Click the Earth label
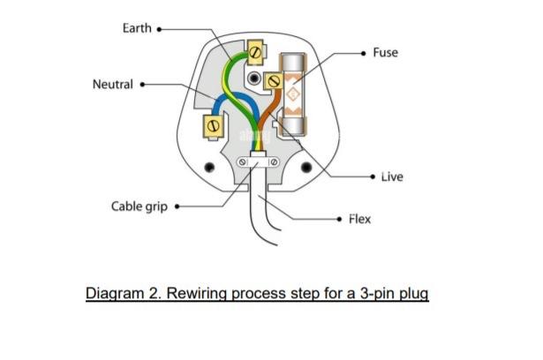point(137,28)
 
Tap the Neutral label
point(113,84)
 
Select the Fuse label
point(386,53)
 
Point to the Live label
point(392,176)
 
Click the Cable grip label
point(140,206)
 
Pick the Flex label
point(360,219)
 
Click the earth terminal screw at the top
point(255,52)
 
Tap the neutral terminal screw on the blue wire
point(214,125)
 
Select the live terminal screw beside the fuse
point(275,82)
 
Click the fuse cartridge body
point(293,94)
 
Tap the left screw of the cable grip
point(243,162)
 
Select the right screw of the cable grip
point(274,162)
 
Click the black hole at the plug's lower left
point(209,168)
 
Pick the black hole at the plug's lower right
point(306,168)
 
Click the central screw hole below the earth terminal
point(254,78)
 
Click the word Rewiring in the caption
point(196,294)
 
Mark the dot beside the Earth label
point(159,29)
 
